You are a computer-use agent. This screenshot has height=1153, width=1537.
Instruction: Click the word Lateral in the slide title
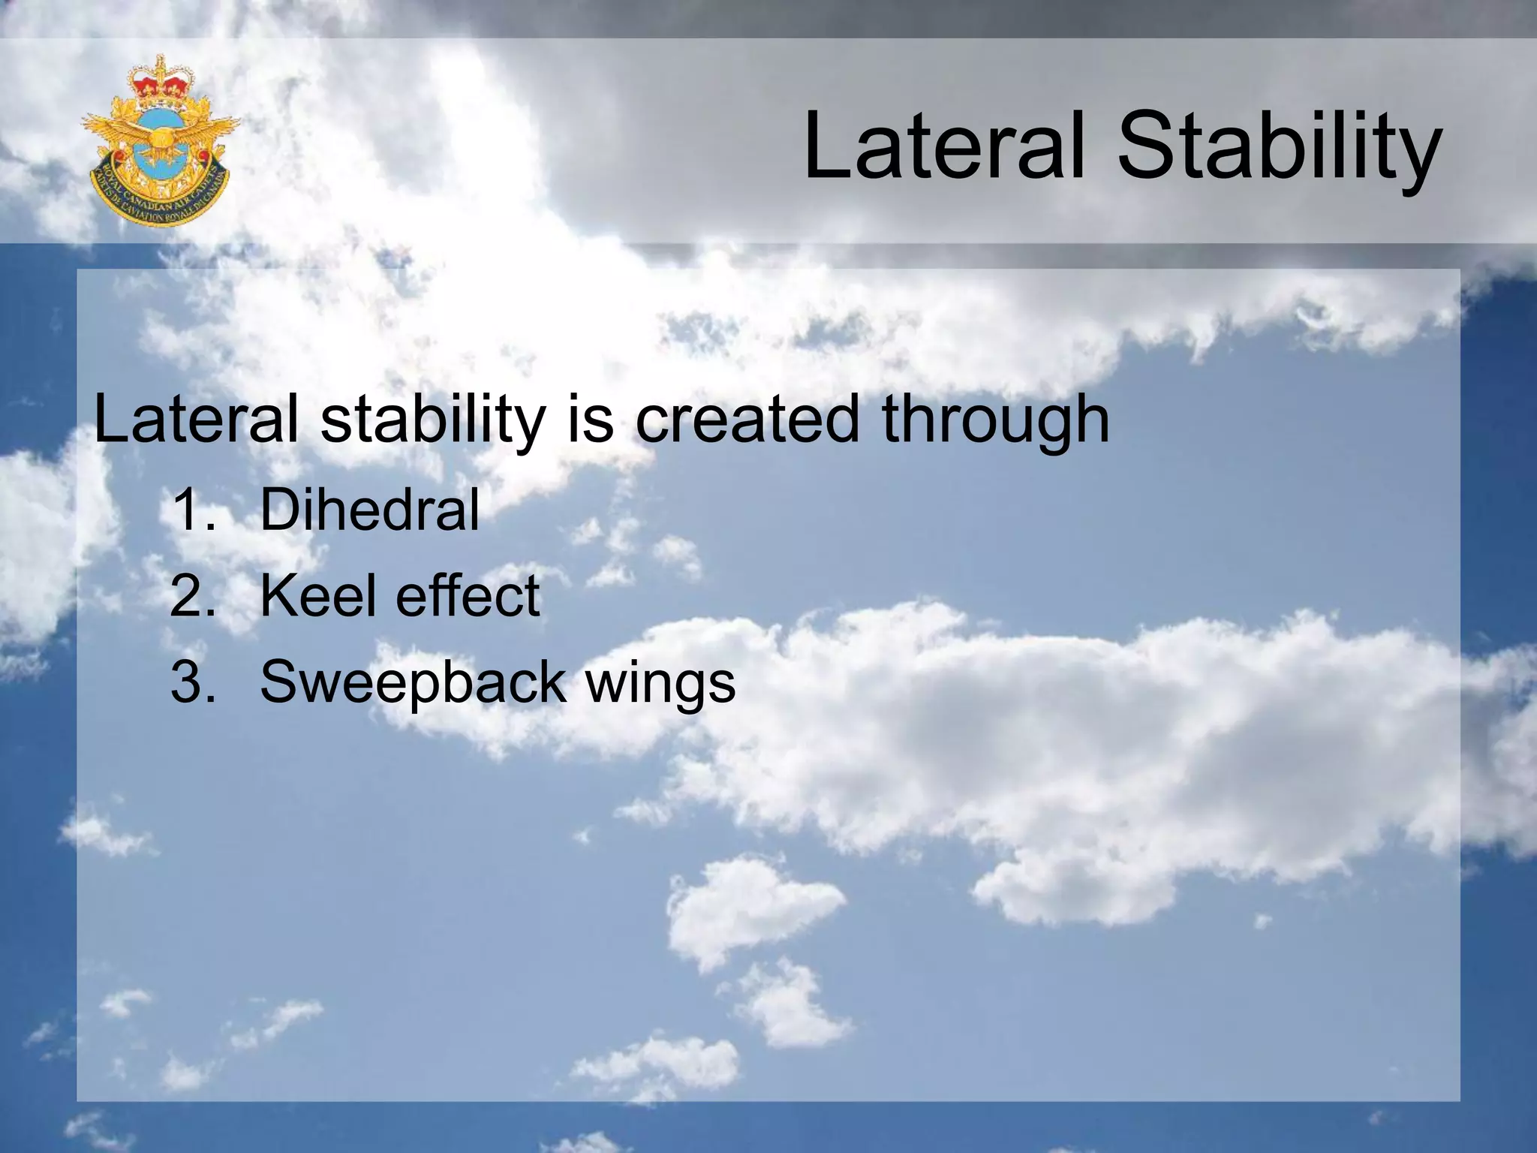tap(944, 146)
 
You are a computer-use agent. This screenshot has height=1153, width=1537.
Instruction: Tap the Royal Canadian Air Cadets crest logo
tap(160, 140)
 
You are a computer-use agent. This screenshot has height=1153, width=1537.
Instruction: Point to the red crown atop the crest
tap(159, 80)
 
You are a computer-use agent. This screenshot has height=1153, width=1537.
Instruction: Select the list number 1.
tap(191, 510)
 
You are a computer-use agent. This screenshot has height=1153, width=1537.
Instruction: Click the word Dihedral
tap(369, 510)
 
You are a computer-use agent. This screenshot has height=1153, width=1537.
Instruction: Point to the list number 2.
tap(191, 596)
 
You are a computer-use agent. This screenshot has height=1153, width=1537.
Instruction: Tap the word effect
tap(467, 596)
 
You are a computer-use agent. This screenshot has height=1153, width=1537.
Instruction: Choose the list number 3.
tap(191, 682)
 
